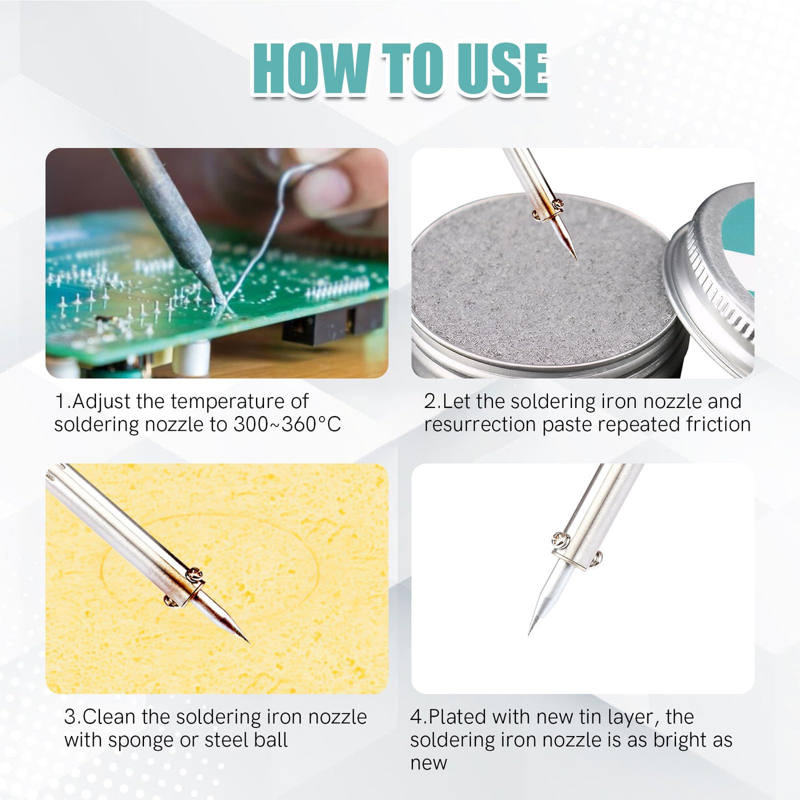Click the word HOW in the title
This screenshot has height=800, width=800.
(311, 69)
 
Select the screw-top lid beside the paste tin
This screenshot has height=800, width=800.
(710, 278)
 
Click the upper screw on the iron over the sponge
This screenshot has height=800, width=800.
(195, 574)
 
